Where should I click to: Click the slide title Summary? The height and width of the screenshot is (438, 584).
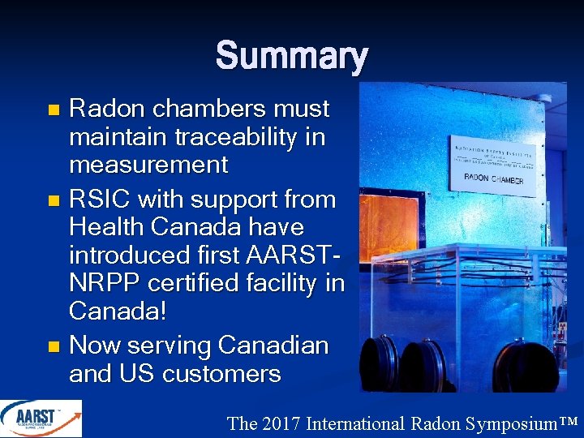(292, 57)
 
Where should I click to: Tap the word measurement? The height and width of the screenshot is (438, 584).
(148, 165)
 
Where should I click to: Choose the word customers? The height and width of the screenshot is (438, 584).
(221, 374)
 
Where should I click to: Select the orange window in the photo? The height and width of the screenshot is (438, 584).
(387, 222)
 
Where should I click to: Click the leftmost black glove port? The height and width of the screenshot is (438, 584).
(380, 364)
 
